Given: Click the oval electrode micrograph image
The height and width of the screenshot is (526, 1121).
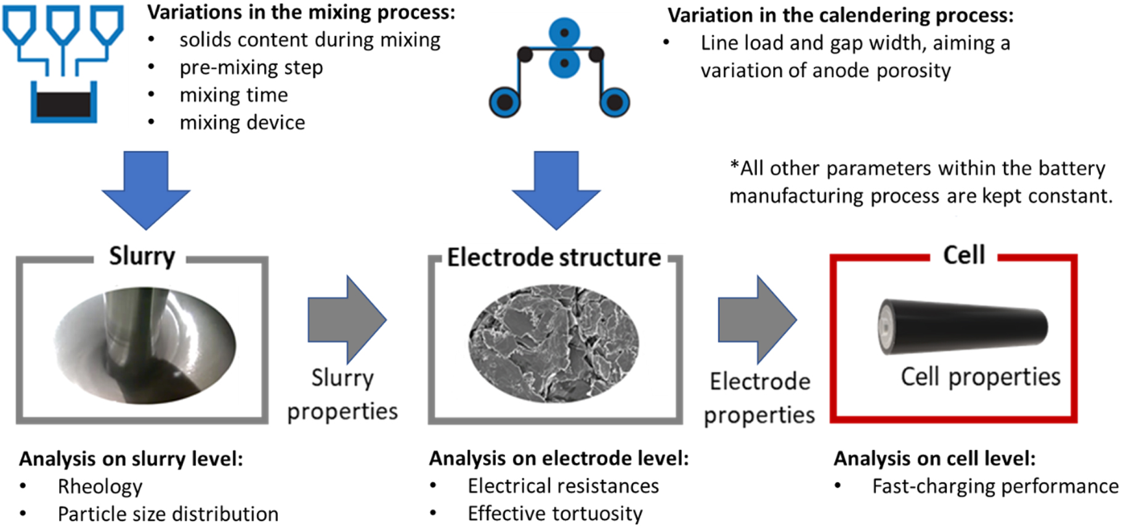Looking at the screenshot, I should [554, 343].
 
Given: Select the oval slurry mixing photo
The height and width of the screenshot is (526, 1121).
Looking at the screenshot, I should [145, 345].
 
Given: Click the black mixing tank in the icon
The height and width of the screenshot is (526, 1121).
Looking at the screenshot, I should [63, 104].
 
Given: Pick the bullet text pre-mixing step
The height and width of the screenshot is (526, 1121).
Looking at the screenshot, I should [251, 67].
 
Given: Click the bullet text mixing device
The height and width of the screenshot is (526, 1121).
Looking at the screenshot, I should [242, 123].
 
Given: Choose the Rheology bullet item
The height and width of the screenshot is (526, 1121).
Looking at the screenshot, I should [100, 487].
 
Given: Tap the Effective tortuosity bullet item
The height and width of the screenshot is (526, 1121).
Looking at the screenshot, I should [554, 514].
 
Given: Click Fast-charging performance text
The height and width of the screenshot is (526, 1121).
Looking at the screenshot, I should [995, 487].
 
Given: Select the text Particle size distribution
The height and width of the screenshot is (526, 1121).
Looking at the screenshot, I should [168, 514].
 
